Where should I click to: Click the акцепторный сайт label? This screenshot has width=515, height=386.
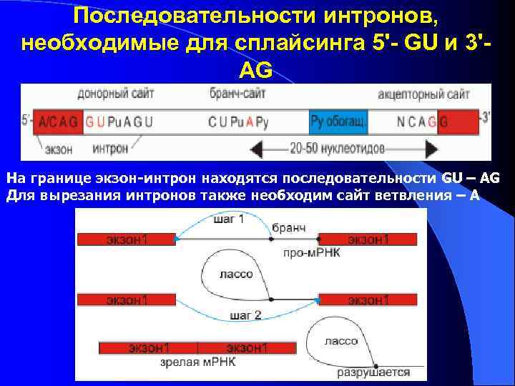coord(423,94)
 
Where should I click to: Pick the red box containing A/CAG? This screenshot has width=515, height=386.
coord(59,122)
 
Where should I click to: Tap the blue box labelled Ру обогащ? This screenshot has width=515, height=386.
coord(339,122)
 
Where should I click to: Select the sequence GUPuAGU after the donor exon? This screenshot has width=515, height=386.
coord(119,122)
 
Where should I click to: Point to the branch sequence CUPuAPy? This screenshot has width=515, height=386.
coord(238,122)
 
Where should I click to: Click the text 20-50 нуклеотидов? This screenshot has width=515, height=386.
coord(337,149)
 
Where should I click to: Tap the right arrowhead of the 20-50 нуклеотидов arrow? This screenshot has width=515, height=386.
coord(431,149)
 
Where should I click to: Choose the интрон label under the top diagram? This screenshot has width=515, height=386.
coord(110,149)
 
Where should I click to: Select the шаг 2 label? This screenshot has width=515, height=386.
coord(245,315)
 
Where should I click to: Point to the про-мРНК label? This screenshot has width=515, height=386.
coord(305,252)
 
